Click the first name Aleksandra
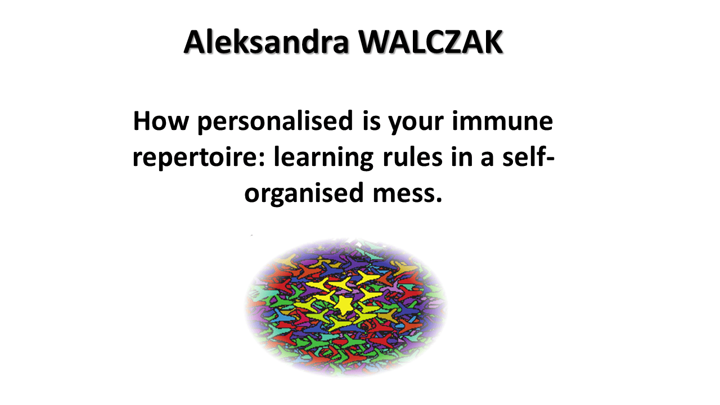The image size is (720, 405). tap(267, 42)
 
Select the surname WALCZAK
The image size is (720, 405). tap(431, 42)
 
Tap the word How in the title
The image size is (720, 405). tap(161, 121)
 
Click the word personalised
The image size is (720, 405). tap(275, 122)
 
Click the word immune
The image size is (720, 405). tap(502, 121)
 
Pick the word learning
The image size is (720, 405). tap(323, 158)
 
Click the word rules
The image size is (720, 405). tap(412, 157)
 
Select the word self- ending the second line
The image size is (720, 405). tap(528, 157)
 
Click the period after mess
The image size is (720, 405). tap(439, 200)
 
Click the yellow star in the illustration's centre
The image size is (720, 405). tap(343, 305)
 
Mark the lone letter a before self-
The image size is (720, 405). tap(487, 159)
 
